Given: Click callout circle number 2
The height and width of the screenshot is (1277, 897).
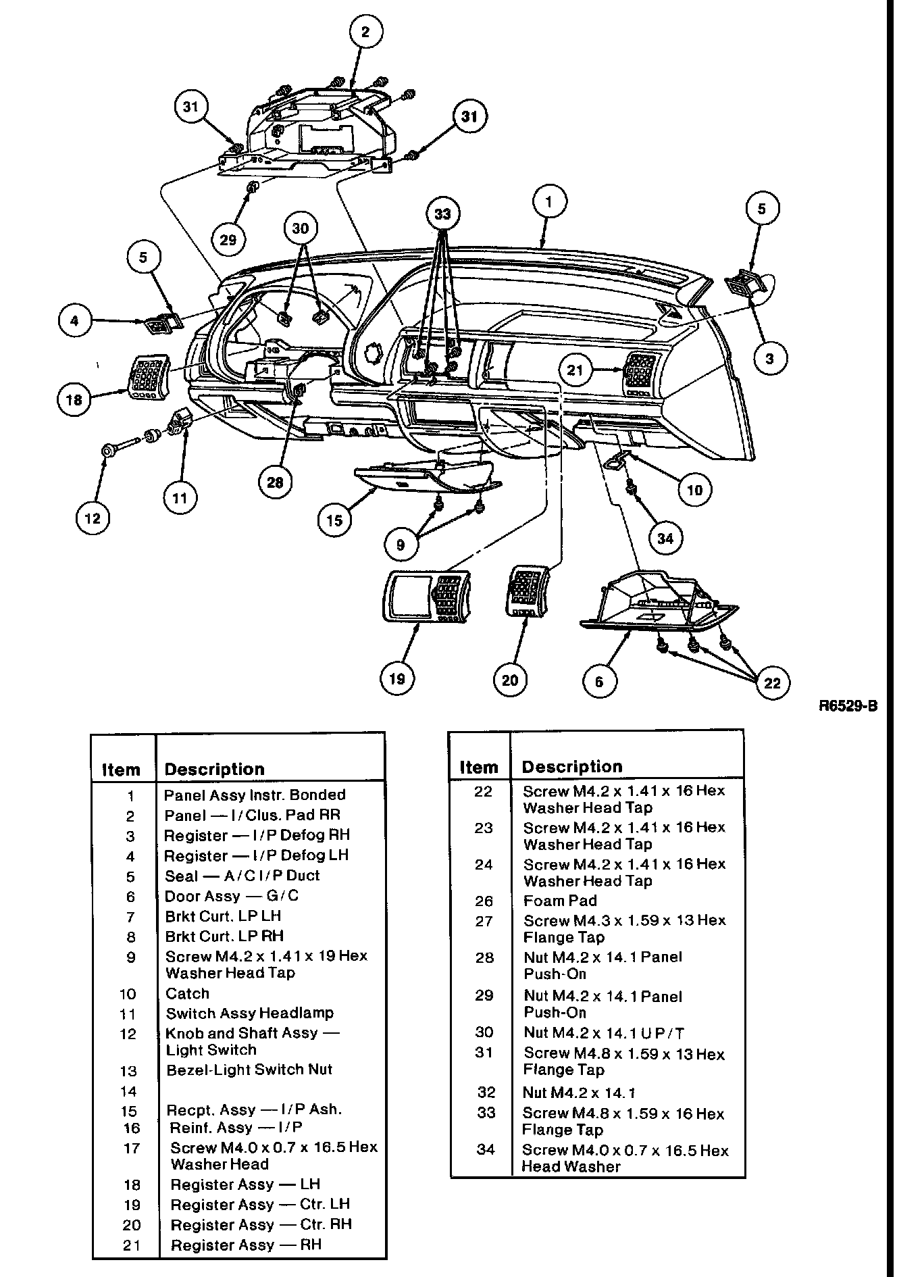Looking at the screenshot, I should coord(365,31).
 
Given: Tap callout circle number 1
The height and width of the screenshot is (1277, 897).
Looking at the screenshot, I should coord(549,201).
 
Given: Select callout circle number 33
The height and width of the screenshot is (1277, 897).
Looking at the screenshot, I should coord(442,214).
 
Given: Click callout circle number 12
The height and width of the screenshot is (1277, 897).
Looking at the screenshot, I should coord(93,518).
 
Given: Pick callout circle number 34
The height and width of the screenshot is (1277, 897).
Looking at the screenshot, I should coord(665,539).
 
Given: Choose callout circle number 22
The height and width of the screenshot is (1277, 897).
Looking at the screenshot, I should coord(772,682).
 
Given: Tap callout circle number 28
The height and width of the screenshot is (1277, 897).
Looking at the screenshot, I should coord(276,482).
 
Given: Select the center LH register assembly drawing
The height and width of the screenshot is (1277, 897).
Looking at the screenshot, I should coord(426,595).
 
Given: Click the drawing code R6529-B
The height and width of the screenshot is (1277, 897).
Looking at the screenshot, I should coord(848,706).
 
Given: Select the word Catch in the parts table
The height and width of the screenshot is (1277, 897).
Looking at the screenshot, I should coord(187,993).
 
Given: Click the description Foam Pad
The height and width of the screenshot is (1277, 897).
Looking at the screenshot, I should coord(560,901).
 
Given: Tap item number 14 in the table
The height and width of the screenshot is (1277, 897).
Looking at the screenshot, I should coord(128,1091).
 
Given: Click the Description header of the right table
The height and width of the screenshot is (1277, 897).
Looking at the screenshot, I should coord(572,767).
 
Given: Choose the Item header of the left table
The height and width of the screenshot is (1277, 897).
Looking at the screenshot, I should coord(121,770).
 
